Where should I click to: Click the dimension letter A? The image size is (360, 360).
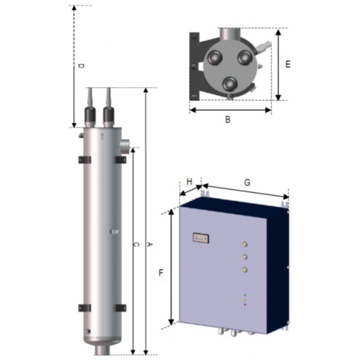pyautogui.click(x=149, y=245)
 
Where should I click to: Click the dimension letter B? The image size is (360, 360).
pyautogui.click(x=228, y=120)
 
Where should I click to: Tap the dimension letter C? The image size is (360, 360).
pyautogui.click(x=136, y=245)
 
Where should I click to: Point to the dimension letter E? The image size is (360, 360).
pyautogui.click(x=288, y=64)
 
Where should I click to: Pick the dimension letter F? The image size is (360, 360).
pyautogui.click(x=161, y=273)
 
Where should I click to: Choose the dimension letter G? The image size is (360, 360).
pyautogui.click(x=247, y=183)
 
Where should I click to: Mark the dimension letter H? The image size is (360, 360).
pyautogui.click(x=189, y=182)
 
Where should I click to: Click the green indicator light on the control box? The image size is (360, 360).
pyautogui.click(x=245, y=295)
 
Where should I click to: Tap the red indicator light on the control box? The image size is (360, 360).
pyautogui.click(x=245, y=305)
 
